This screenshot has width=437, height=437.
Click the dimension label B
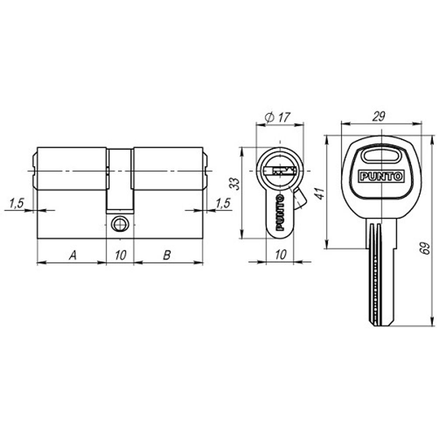[167, 255]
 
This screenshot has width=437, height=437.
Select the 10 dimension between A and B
[120, 255]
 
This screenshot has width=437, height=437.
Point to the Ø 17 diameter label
[278, 117]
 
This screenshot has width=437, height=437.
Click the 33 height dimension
[235, 184]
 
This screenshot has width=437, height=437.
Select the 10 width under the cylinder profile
[281, 255]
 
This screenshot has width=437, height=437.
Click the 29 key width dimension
[378, 116]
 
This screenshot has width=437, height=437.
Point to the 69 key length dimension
[427, 249]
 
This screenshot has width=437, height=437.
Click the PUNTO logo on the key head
[382, 177]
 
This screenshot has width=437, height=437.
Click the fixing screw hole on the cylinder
[120, 224]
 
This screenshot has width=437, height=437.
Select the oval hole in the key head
[382, 156]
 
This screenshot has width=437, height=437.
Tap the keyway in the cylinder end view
[280, 170]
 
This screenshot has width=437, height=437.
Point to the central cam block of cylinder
[120, 179]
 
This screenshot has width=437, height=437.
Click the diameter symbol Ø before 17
[269, 117]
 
